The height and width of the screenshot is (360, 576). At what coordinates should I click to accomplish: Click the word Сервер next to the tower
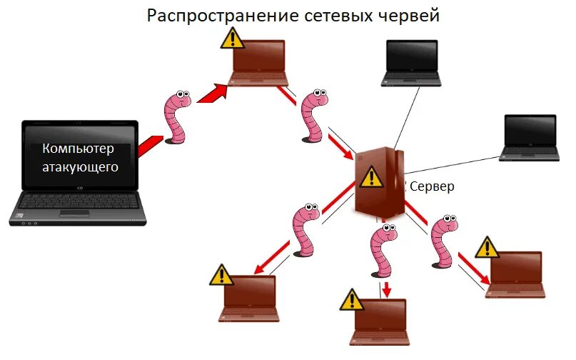pos(430,186)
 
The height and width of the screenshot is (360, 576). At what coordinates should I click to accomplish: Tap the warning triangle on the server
pos(370,176)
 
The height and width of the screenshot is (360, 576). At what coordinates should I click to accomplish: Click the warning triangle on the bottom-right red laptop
pos(488,247)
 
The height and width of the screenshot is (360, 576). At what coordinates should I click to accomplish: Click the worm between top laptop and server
pos(313,116)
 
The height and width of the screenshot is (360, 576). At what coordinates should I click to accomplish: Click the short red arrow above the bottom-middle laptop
pos(386,289)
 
